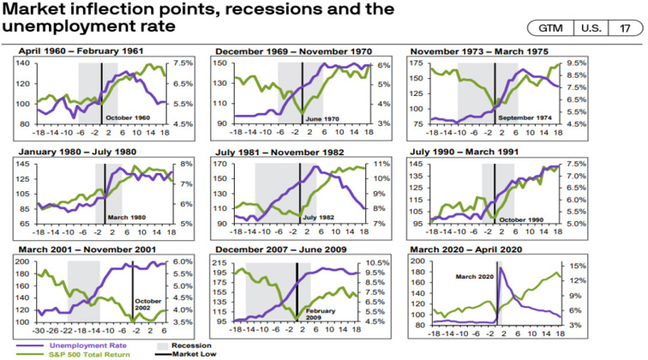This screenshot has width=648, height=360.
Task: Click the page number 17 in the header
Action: [x=623, y=27]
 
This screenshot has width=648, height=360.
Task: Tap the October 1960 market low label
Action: [x=129, y=117]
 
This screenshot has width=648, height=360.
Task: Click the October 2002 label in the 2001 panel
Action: [x=147, y=304]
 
